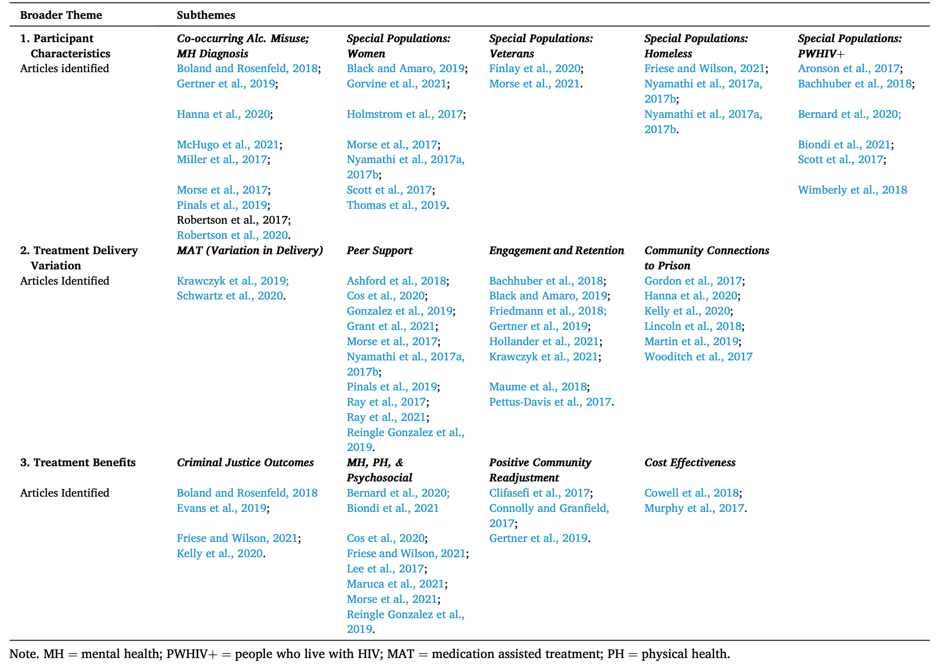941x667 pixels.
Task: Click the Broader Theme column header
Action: pos(61,15)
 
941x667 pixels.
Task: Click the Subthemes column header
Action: pos(206,15)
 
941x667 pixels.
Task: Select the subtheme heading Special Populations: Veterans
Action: pos(540,46)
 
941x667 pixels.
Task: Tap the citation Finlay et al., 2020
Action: pos(535,68)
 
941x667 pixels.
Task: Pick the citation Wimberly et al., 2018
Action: pos(852,190)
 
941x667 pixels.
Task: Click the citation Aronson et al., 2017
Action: pos(849,68)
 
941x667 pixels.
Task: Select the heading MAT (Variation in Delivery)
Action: pos(250,250)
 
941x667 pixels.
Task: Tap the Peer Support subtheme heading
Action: pos(379,250)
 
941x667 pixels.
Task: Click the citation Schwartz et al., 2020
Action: pos(230,295)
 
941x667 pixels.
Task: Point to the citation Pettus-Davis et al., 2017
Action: pos(550,402)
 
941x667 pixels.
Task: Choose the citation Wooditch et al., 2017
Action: pos(698,356)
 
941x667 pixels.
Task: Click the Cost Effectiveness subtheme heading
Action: pos(690,462)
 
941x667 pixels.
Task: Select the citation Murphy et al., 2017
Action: pos(694,508)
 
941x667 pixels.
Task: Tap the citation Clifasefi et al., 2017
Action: pos(539,493)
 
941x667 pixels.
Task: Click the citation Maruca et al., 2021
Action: pos(395,584)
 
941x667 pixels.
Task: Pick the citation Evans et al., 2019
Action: pos(222,508)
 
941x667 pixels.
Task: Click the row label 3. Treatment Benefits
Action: pos(78,462)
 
